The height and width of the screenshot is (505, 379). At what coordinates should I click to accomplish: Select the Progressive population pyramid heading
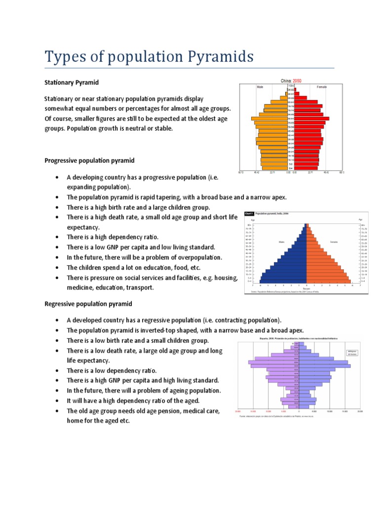tap(89, 161)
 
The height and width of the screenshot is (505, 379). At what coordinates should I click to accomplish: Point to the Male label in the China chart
tap(260, 87)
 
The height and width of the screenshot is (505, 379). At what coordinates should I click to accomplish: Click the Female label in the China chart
tap(322, 87)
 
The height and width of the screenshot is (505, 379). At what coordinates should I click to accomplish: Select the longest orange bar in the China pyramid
tap(269, 118)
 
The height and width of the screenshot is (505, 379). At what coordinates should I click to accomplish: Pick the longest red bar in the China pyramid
tap(311, 118)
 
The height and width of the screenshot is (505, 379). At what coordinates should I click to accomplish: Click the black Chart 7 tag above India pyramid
tap(250, 214)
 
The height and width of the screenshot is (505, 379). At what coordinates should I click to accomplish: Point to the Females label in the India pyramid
tap(334, 242)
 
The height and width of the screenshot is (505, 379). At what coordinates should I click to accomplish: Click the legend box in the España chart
tap(352, 352)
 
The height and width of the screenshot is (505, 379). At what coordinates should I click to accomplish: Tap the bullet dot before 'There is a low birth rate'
tap(58, 341)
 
